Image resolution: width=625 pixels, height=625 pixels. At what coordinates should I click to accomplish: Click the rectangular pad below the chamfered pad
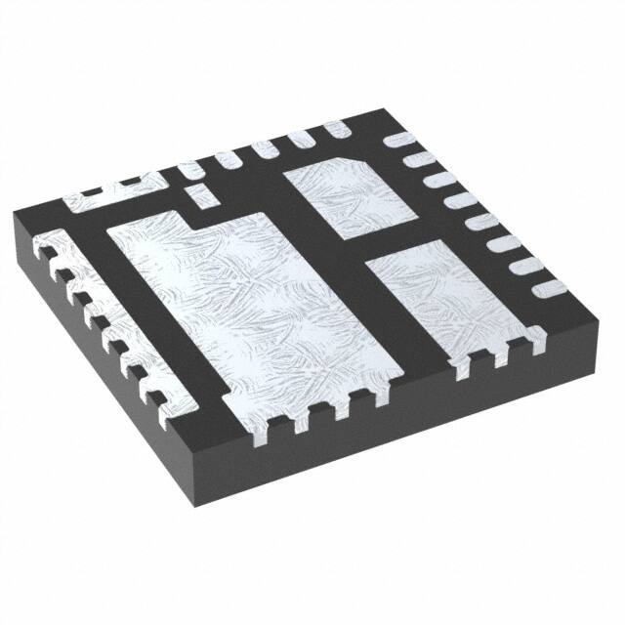point(439,303)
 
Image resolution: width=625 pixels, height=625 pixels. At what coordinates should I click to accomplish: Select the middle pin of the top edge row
point(262,148)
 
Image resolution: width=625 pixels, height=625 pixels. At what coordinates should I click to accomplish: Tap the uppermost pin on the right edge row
point(400,141)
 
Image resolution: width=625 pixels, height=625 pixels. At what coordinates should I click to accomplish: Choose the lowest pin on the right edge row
point(547,286)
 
